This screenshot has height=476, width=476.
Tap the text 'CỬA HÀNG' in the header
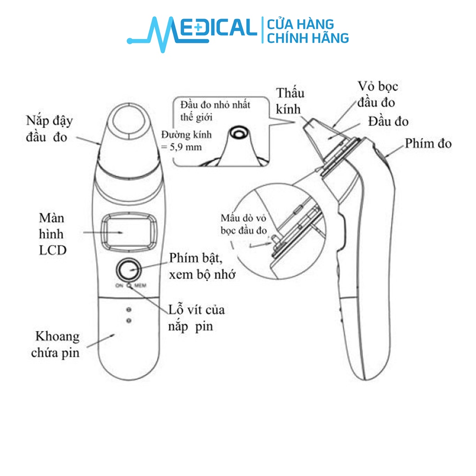(x=300, y=24)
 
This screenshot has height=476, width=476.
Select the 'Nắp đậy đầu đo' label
(x=49, y=128)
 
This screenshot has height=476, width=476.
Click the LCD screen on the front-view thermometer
(x=129, y=232)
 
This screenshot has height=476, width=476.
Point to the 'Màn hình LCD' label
(x=52, y=234)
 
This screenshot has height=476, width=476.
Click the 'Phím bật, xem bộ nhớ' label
(x=202, y=266)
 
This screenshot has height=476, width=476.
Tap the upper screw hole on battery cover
(x=129, y=310)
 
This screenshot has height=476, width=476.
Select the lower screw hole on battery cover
(x=129, y=321)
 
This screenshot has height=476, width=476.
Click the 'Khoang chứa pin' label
(x=56, y=344)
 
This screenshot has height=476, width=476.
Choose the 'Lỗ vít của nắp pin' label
(x=197, y=318)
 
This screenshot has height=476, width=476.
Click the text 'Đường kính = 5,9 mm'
(x=186, y=141)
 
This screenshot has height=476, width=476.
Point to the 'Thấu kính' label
(x=290, y=101)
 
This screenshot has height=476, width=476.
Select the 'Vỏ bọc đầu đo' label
(x=377, y=94)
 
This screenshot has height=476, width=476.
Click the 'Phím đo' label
(x=428, y=144)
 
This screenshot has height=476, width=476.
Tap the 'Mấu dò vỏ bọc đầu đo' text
(x=244, y=224)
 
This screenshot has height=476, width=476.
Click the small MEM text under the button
(x=140, y=285)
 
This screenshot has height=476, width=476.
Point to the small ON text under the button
(x=119, y=285)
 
